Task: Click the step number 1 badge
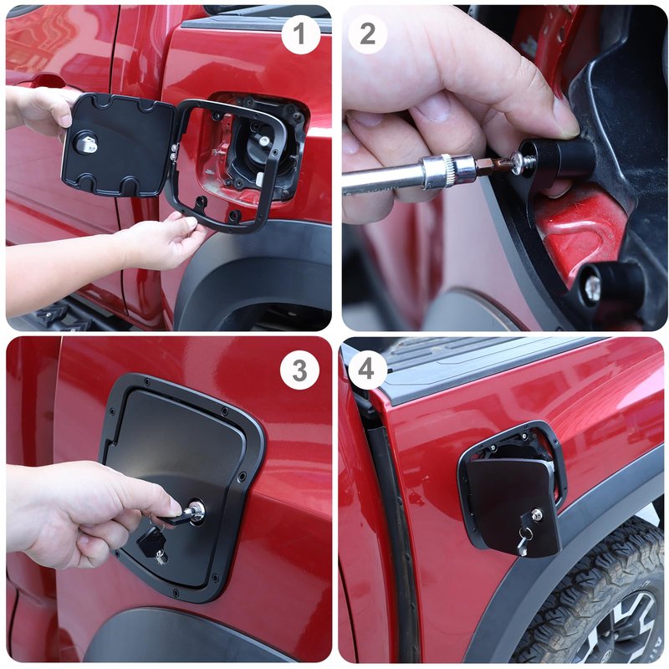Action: (300, 34)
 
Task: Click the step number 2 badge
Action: (368, 34)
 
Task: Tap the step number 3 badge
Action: (299, 370)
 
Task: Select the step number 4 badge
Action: (368, 370)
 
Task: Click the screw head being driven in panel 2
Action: (519, 162)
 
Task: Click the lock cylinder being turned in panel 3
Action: (197, 511)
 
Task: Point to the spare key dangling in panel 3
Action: (153, 545)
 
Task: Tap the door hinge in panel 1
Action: (174, 152)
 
